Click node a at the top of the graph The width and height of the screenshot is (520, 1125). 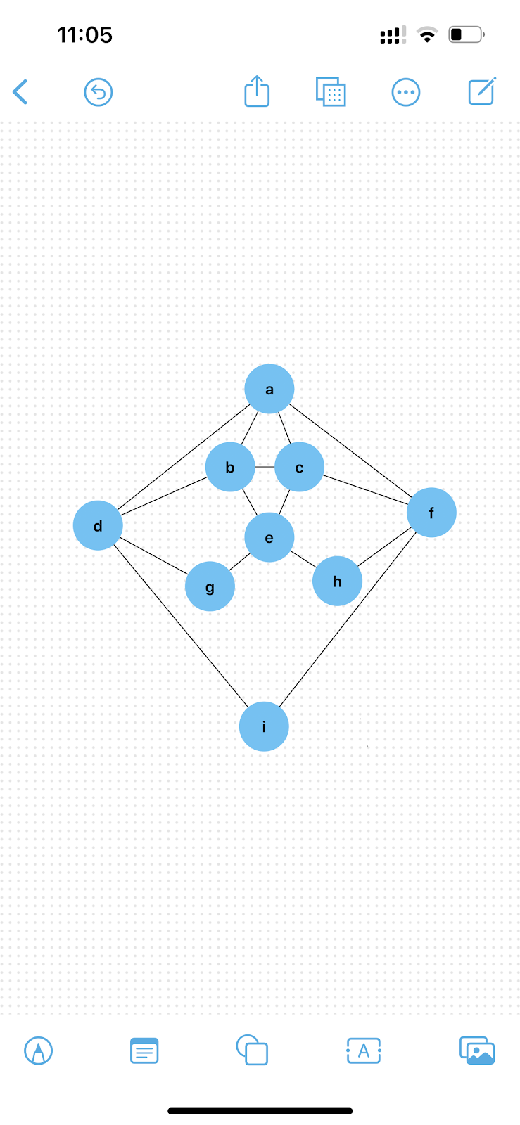269,389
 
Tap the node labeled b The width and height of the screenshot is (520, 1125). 230,467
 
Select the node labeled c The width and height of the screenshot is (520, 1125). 299,467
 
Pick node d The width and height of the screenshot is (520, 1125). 98,525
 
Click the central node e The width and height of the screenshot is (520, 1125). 269,538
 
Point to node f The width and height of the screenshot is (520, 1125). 431,513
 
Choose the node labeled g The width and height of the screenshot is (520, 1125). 210,586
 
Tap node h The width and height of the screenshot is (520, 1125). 337,581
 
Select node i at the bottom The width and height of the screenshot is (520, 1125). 264,726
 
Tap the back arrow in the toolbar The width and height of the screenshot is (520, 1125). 20,92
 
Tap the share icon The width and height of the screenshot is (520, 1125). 257,91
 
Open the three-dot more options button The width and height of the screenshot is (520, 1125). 406,92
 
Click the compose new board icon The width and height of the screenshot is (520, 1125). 482,91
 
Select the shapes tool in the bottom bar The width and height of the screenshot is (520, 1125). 252,1050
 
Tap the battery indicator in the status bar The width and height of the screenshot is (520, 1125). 466,34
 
